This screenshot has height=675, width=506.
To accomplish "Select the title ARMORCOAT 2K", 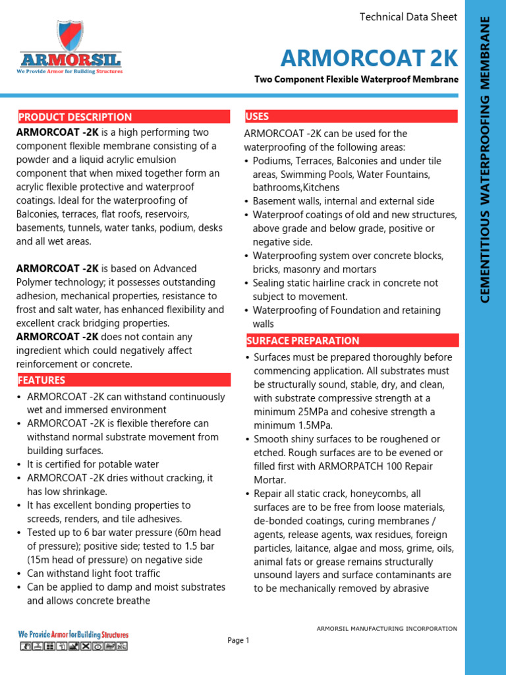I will pyautogui.click(x=369, y=58).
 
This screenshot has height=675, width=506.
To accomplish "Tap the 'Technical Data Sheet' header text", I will pyautogui.click(x=408, y=17).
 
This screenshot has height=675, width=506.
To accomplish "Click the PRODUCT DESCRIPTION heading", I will pyautogui.click(x=75, y=117).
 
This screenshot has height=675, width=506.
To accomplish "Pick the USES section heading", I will pyautogui.click(x=257, y=117).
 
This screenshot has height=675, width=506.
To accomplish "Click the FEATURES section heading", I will pyautogui.click(x=42, y=380).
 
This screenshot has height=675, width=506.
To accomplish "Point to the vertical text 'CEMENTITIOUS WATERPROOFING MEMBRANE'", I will pyautogui.click(x=486, y=158).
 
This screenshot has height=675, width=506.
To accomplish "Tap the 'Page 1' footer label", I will pyautogui.click(x=239, y=640).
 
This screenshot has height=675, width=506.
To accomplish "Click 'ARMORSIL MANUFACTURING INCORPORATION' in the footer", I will pyautogui.click(x=387, y=629).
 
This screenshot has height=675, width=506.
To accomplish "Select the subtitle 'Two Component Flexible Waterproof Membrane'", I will pyautogui.click(x=356, y=80).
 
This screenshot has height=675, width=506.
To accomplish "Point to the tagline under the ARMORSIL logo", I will pyautogui.click(x=70, y=71).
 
